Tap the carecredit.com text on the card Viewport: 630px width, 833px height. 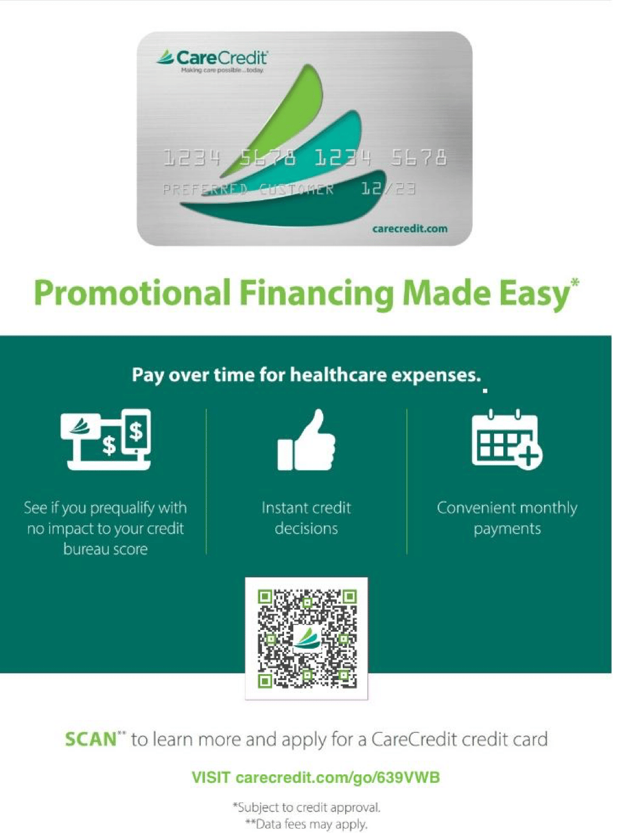coord(410,229)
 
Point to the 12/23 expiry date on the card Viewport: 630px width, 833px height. coord(389,188)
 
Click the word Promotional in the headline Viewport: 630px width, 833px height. coord(132,293)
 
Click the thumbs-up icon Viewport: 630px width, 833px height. coord(307,440)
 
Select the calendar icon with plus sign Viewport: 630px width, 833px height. coord(506,440)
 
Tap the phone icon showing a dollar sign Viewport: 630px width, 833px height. coord(137,432)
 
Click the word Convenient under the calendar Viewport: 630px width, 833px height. coord(475,508)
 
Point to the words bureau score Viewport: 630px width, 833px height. coord(105,549)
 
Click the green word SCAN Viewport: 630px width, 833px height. coord(91,739)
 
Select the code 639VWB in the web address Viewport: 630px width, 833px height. coord(408,777)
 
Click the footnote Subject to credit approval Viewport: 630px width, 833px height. coord(307,807)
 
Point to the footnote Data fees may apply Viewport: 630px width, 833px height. coord(307,824)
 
